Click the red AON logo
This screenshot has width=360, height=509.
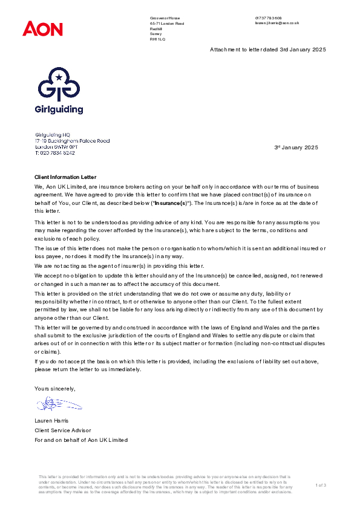click(x=42, y=28)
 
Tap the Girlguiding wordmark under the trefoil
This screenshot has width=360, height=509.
click(x=59, y=109)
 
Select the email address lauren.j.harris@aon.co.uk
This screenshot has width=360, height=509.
click(x=277, y=23)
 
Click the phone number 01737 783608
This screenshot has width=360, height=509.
click(x=269, y=18)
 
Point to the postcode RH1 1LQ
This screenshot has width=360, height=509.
click(x=157, y=39)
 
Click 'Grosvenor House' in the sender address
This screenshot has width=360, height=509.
click(x=165, y=18)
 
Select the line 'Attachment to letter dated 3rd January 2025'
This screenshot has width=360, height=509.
click(x=267, y=49)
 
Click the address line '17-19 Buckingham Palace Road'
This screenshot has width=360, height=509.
click(x=72, y=141)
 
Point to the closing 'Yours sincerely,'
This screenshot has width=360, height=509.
click(x=55, y=388)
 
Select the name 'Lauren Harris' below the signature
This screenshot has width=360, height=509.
click(x=53, y=421)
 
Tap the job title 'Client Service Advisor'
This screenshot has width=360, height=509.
click(x=63, y=430)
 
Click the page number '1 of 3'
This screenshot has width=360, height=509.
click(x=321, y=485)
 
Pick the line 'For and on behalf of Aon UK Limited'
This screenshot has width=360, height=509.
click(x=81, y=440)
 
